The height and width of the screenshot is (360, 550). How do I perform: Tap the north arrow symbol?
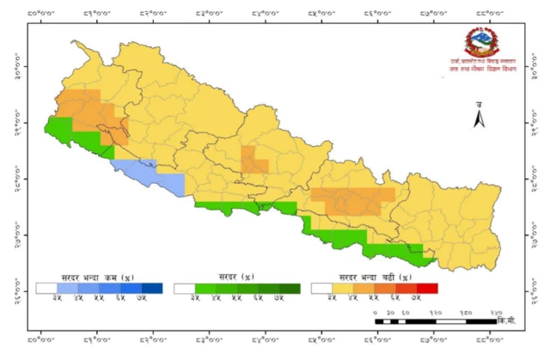click(480, 119)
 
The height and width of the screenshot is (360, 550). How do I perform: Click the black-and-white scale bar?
click(435, 320)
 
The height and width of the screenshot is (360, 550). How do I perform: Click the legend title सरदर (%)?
click(236, 278)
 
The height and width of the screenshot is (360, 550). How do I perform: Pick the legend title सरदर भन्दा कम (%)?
click(98, 278)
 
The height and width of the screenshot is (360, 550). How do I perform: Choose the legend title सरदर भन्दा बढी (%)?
click(375, 278)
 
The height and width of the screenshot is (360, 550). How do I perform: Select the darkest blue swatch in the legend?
click(151, 289)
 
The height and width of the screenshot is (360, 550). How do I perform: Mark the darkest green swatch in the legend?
click(289, 289)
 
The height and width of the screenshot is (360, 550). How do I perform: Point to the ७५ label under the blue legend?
click(151, 298)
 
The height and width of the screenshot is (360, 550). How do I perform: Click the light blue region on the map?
click(155, 177)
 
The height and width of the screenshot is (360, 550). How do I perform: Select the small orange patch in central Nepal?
click(254, 160)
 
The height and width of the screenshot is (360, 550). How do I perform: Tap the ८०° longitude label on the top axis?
click(40, 13)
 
